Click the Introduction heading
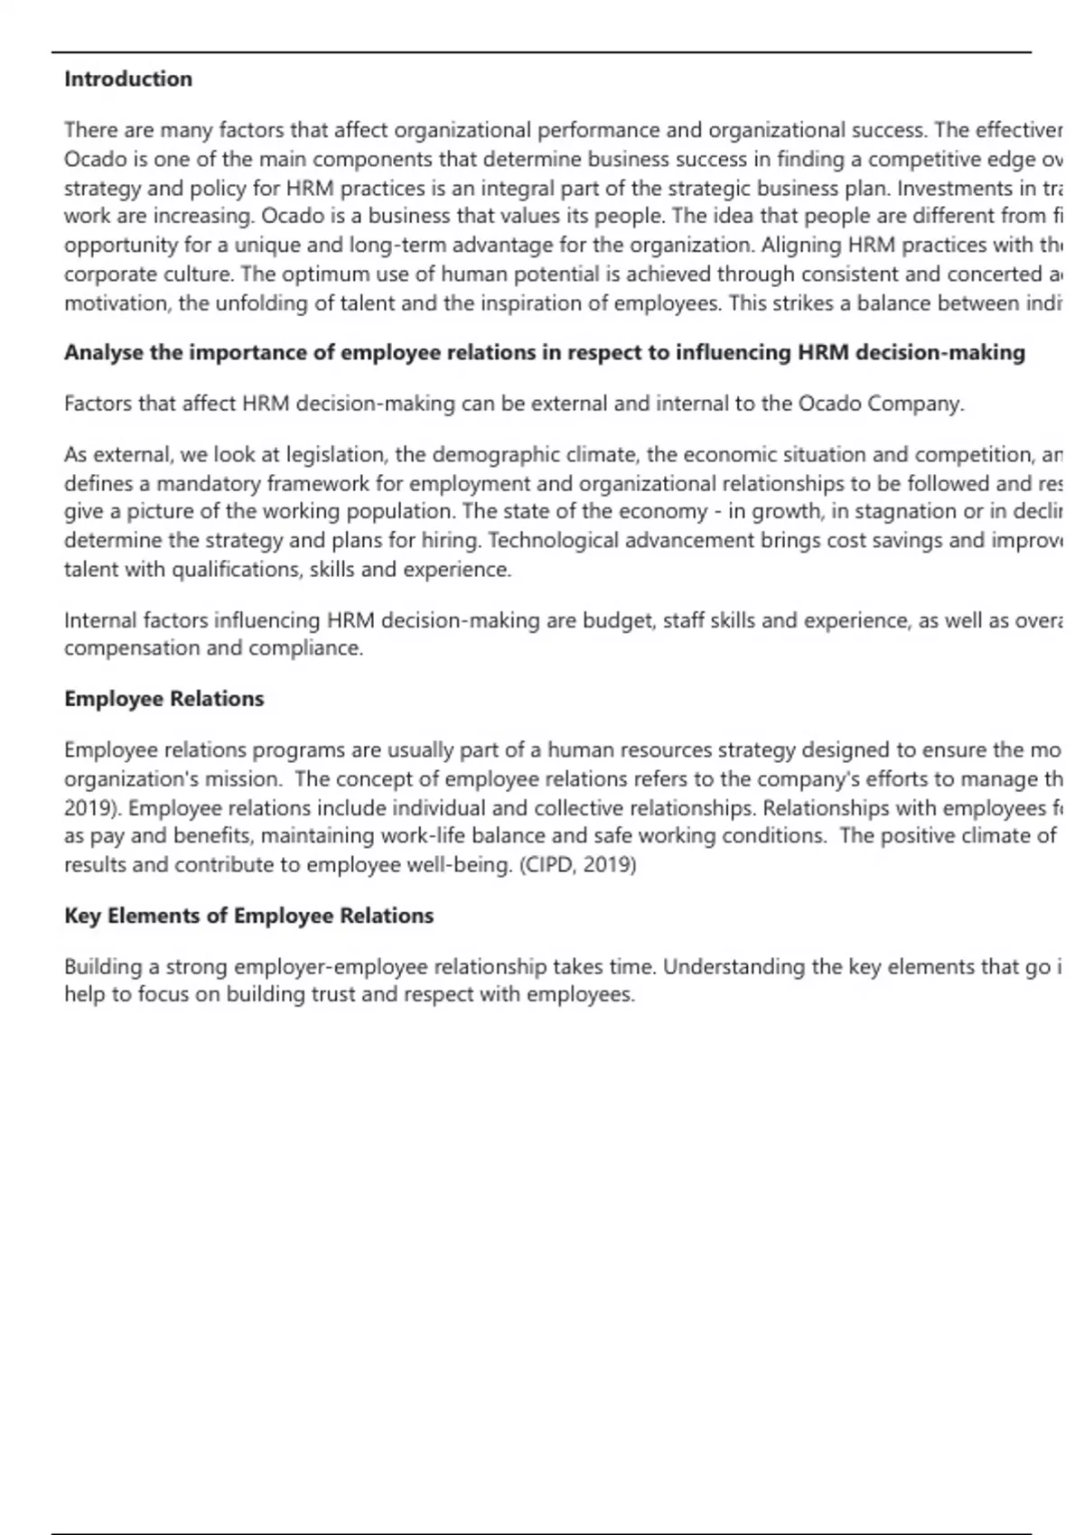tap(128, 79)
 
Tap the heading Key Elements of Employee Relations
tap(248, 916)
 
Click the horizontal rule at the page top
tap(541, 52)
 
